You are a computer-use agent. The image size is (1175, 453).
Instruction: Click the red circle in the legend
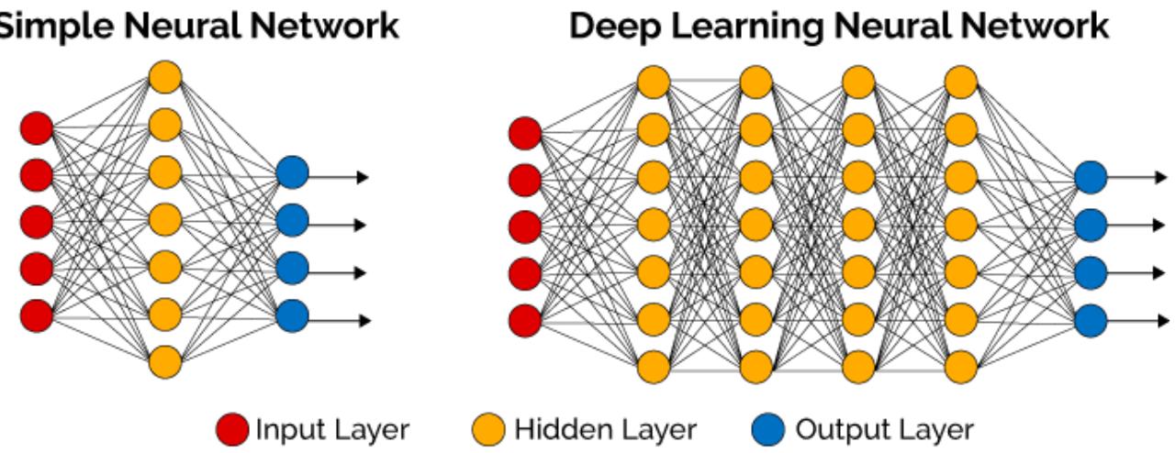click(233, 429)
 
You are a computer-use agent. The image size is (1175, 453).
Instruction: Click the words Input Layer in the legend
click(332, 429)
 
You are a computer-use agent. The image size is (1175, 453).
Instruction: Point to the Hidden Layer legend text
click(605, 429)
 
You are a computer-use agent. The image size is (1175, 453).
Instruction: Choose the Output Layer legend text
click(884, 429)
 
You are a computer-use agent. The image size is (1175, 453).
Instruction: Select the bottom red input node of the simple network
click(37, 315)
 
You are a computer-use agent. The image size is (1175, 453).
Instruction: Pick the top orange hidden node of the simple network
click(165, 76)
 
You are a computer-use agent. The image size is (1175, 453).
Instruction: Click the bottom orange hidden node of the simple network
click(165, 361)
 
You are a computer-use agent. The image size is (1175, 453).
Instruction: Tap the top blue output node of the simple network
click(292, 173)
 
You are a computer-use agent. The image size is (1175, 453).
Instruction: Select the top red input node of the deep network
click(525, 132)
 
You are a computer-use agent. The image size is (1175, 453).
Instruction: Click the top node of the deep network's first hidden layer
click(653, 82)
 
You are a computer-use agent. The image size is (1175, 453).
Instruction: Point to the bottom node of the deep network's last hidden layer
click(960, 366)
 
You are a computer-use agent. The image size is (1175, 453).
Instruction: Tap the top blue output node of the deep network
click(1090, 177)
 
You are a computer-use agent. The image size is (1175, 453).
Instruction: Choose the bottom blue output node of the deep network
click(1090, 320)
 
